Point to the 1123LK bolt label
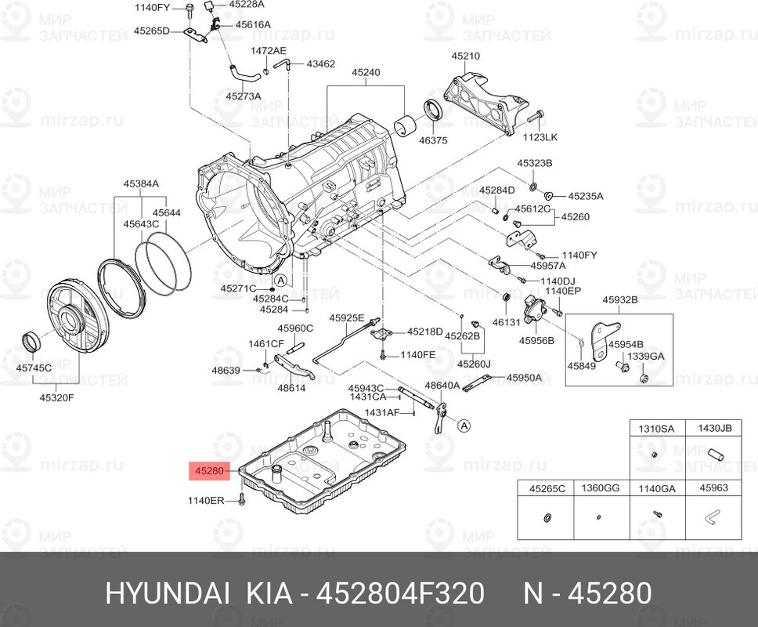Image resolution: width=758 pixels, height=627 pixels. [x=540, y=137]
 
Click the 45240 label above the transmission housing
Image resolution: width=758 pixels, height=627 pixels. [x=366, y=72]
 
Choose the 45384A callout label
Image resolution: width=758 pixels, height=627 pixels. [x=140, y=183]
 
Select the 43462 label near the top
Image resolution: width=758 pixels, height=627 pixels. [x=320, y=63]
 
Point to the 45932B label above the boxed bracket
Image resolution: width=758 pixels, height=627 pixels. [x=620, y=299]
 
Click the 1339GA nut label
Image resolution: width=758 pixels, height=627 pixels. [x=646, y=356]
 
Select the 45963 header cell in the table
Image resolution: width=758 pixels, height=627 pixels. [x=713, y=487]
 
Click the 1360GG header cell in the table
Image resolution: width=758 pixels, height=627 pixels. [x=601, y=487]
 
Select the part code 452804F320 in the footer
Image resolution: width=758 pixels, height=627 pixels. [x=400, y=593]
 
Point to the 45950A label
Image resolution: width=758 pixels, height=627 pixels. [x=524, y=377]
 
